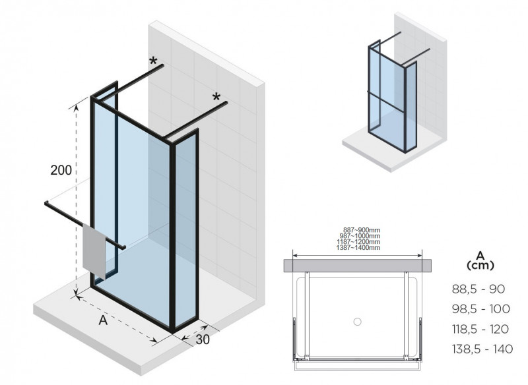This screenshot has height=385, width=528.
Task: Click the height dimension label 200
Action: [61, 169]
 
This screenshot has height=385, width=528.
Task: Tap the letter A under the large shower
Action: [102, 320]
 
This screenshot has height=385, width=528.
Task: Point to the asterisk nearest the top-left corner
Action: [154, 62]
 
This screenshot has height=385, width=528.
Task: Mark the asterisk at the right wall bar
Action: [216, 98]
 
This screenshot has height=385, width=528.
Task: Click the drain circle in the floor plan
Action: [357, 322]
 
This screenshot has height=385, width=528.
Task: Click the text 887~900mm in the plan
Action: [358, 230]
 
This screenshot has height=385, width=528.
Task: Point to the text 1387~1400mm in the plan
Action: [358, 247]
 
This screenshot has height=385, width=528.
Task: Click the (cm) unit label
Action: [480, 265]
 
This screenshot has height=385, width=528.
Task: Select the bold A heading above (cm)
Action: [480, 254]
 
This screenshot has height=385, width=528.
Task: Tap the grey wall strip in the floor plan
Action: [358, 265]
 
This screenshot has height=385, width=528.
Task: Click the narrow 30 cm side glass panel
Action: [186, 231]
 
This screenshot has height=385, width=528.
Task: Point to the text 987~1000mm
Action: [358, 236]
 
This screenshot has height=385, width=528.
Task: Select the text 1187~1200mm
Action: [358, 242]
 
